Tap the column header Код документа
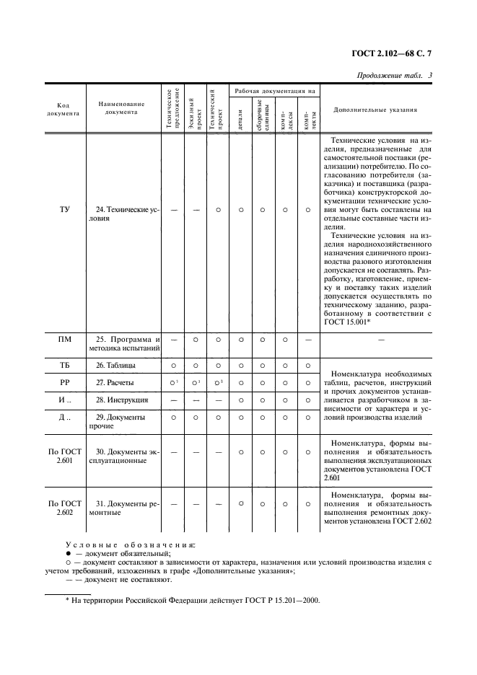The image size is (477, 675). [65, 109]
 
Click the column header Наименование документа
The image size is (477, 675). [121, 108]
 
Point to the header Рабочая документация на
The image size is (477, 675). [273, 92]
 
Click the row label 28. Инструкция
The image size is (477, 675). [122, 400]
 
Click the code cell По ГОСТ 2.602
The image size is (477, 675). [65, 508]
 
